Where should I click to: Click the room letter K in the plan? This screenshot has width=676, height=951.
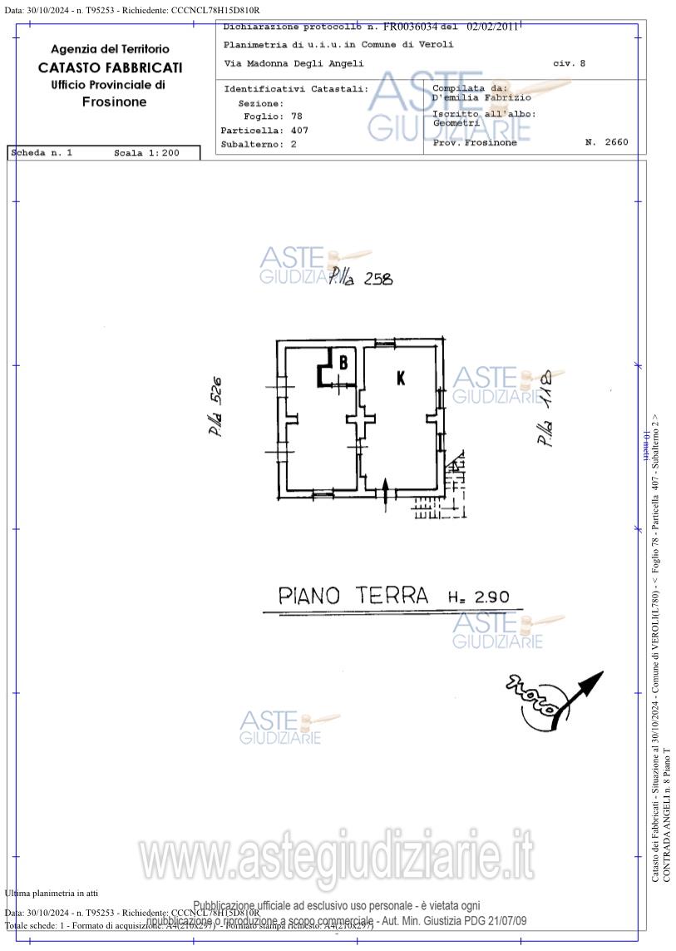401,378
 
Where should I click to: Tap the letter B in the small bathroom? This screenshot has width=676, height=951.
343,362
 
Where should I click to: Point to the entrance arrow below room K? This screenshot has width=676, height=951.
387,490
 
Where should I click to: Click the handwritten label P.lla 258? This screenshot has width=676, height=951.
360,278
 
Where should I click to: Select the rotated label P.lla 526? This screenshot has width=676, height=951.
215,409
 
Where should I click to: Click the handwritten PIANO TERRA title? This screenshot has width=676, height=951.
353,595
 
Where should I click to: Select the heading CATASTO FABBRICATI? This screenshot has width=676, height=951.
110,67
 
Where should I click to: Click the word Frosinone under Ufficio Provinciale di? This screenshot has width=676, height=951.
114,102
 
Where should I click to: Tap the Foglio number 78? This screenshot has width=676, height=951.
297,116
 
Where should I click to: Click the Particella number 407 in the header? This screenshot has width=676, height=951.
299,131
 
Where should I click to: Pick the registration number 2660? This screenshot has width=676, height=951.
614,142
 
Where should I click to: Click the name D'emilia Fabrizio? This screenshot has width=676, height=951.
481,97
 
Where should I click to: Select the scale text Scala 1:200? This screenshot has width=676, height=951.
146,153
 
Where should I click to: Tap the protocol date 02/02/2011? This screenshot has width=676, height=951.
492,27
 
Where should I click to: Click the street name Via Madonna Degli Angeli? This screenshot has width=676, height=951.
294,63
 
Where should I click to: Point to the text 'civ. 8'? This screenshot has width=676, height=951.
569,63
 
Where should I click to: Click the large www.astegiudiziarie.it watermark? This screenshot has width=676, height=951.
336,858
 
